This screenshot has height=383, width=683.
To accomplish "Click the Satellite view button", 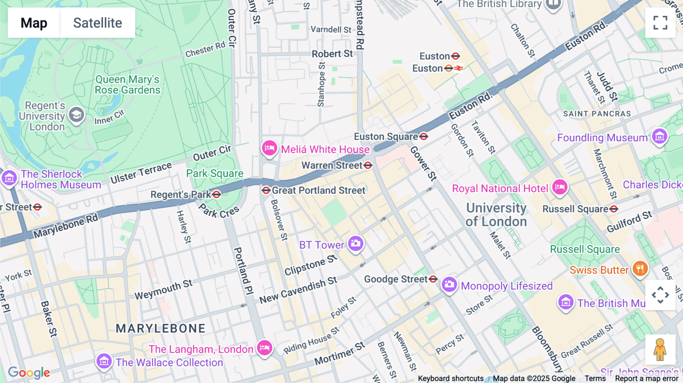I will click(98, 23).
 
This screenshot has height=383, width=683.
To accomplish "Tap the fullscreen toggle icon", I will click(660, 23).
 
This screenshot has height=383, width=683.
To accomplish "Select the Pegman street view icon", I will click(660, 350).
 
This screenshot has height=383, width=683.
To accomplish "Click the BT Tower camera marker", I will click(356, 244).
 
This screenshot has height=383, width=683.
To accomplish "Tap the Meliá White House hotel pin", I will click(269, 148).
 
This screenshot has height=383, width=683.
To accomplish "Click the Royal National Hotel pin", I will click(560, 187).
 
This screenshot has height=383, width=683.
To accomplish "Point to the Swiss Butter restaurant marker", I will click(640, 269).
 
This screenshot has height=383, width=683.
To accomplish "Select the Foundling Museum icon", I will click(659, 137).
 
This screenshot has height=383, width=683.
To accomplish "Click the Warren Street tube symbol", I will click(368, 165).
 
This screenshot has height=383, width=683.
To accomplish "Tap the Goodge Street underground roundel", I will click(433, 279).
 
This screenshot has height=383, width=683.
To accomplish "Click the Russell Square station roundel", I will click(614, 209).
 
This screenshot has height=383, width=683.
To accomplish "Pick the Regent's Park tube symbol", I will click(217, 195).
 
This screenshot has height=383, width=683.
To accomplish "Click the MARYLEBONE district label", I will click(161, 328).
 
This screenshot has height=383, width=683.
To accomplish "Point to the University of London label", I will click(496, 215).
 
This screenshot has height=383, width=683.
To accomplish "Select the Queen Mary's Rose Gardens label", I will click(127, 85).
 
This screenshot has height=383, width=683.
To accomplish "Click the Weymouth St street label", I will click(164, 290).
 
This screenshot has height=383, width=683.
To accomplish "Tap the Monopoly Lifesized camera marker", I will click(449, 284).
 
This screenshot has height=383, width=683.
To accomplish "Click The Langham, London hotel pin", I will click(264, 348).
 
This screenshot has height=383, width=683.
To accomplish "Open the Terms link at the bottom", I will click(595, 378).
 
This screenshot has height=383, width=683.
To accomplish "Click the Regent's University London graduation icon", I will click(76, 115).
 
